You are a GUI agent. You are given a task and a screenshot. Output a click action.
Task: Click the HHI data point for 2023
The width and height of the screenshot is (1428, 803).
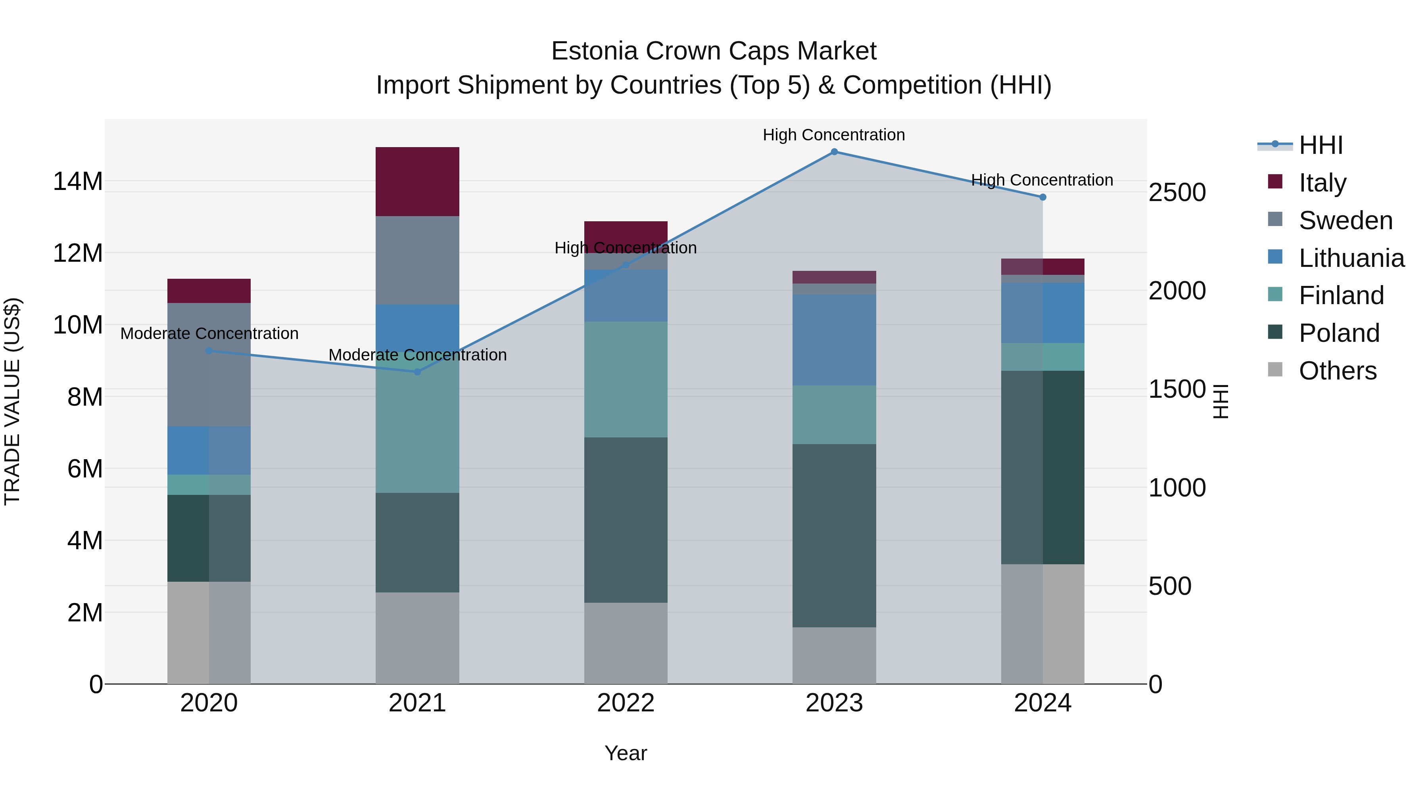tap(834, 151)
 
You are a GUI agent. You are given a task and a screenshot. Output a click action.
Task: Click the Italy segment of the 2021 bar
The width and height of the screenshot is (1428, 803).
tap(417, 181)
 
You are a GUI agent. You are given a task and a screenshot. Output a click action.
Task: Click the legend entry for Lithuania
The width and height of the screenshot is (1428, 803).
tap(1351, 258)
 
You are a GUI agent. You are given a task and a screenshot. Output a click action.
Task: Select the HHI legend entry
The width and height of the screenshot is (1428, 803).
tap(1321, 145)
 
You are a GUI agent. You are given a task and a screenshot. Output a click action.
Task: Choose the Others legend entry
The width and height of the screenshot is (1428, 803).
tap(1337, 371)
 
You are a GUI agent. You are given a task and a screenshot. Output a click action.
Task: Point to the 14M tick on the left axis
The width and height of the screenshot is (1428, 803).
tap(78, 181)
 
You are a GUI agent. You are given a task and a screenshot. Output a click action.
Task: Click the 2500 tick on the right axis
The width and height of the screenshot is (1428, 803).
tap(1177, 192)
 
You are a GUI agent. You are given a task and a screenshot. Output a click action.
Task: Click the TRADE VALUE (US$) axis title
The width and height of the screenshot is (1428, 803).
tap(12, 401)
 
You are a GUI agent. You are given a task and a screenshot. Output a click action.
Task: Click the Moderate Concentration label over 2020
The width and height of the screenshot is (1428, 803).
tap(209, 333)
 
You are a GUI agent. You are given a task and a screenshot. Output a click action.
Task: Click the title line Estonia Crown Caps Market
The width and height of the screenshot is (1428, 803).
tap(714, 51)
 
